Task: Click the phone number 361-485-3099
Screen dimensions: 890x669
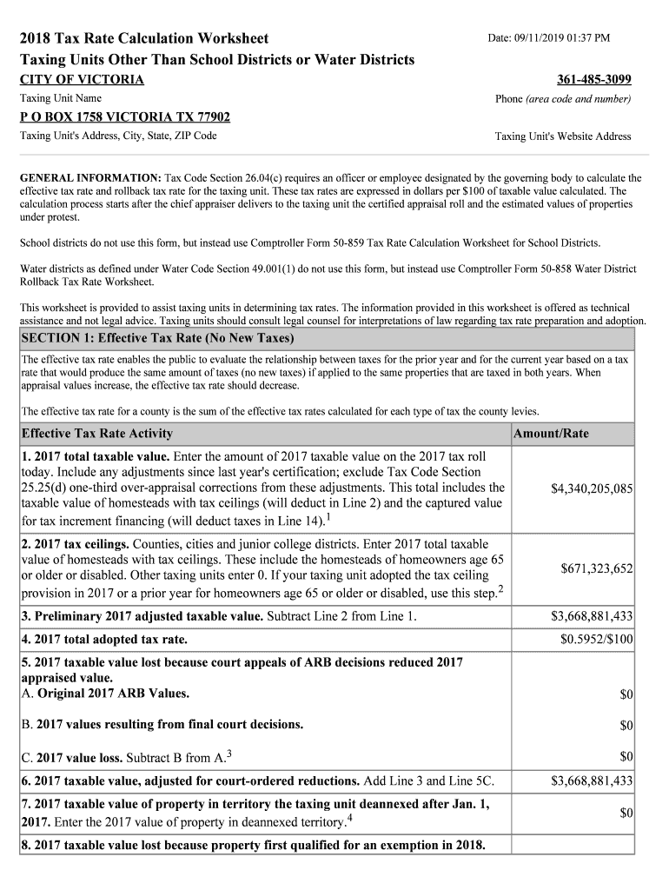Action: (593, 80)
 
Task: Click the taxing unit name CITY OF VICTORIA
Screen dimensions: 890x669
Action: (82, 80)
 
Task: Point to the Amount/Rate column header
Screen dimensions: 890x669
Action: (551, 434)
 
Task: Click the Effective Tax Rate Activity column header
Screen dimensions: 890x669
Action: (96, 434)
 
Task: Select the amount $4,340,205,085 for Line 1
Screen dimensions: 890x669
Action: (591, 489)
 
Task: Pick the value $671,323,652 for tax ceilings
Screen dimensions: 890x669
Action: (596, 568)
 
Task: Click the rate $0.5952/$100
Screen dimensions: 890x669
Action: (596, 640)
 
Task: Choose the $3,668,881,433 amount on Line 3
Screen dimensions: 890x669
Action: (591, 617)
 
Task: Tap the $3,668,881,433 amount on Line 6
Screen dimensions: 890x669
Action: (591, 780)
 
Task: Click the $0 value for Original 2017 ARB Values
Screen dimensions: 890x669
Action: (626, 694)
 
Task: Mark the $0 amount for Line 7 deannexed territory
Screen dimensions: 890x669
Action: (626, 813)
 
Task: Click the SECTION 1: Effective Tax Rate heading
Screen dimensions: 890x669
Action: (157, 338)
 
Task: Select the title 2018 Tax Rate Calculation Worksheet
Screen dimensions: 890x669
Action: (144, 39)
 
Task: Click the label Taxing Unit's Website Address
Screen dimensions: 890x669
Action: (563, 136)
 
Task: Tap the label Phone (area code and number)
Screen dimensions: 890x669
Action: (563, 99)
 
